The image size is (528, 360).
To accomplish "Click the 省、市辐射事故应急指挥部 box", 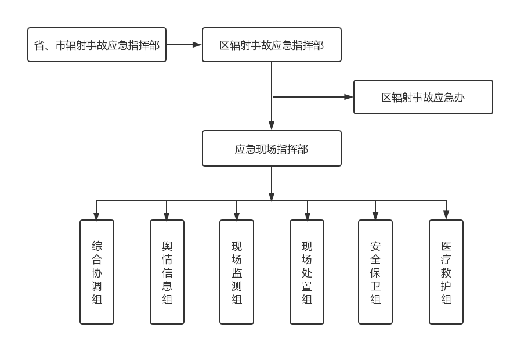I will point(97,45).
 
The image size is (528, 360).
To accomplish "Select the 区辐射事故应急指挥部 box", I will point(272,45).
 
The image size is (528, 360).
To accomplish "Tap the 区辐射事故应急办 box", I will point(423,97).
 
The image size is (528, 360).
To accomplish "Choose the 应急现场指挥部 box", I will point(272,149).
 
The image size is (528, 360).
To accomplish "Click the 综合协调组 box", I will point(97,272).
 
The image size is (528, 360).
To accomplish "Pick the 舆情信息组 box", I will point(167,272).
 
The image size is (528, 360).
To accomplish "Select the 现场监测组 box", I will point(237,272).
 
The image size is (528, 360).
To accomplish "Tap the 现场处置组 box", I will point(307,272).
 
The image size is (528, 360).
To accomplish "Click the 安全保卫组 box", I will point(375,272).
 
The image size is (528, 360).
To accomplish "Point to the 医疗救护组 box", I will point(446,272).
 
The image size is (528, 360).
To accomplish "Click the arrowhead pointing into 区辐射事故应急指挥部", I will point(197,44).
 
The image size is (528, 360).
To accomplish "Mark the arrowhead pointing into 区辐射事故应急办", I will point(349,97).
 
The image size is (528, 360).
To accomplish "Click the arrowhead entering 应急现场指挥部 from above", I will point(272,125).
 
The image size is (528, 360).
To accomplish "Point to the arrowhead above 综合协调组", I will point(96,216).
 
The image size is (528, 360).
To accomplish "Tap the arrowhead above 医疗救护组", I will point(446,215).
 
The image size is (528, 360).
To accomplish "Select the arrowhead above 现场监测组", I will point(237,216).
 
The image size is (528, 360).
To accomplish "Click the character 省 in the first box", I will point(39,45).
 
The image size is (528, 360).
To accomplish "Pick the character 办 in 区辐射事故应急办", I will point(459,98).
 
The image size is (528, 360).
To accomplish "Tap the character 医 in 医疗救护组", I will point(446,245).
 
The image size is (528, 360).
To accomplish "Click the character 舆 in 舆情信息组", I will point(167,245).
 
